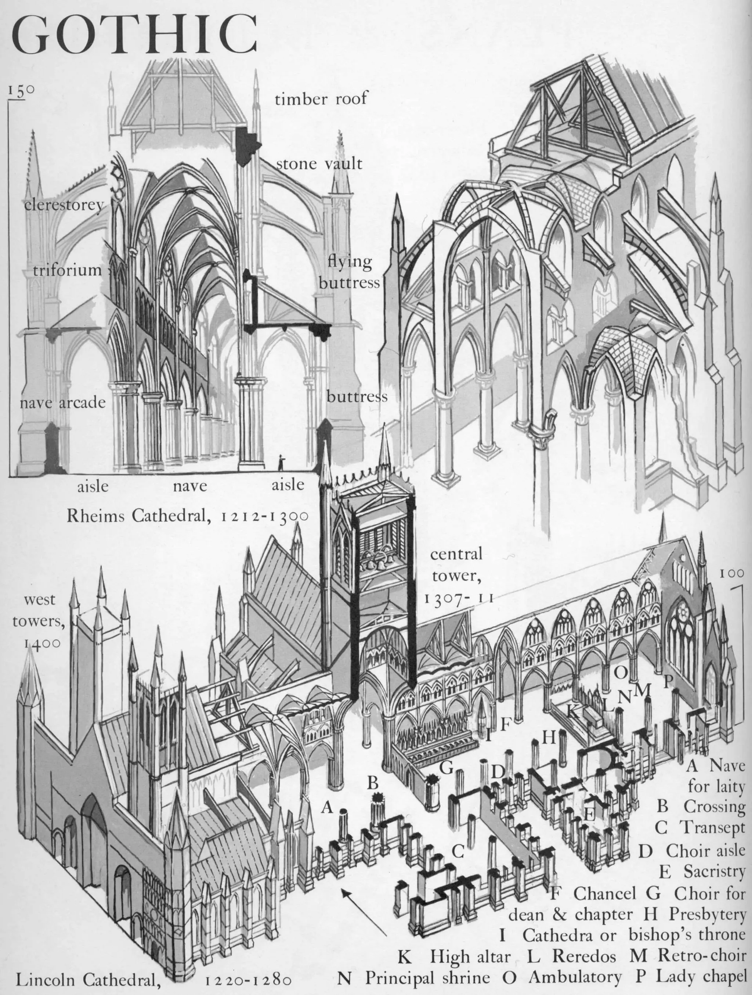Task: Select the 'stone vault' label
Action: pos(318,163)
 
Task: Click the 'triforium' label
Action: pos(68,270)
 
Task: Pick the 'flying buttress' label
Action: pos(349,272)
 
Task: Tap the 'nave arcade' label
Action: pos(62,403)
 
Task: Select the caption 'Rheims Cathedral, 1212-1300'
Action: pos(187,516)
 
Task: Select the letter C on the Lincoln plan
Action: pos(458,851)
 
